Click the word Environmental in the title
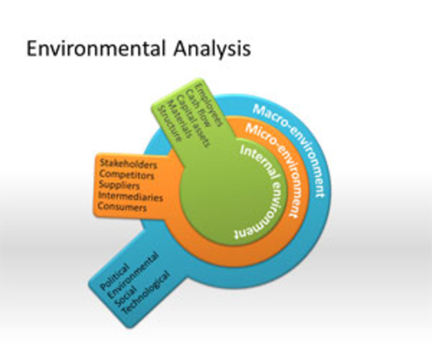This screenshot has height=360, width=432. pos(96,48)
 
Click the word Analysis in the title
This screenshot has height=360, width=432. pos(212,50)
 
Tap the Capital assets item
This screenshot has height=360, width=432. pos(193,121)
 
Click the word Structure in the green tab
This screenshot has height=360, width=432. pos(170,123)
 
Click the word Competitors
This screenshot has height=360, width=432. pos(126,174)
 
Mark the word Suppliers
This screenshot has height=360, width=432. pos(119,185)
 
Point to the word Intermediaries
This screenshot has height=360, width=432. pos(130,196)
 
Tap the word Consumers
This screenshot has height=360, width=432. pos(122,206)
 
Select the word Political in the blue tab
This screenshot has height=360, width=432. pos(114,277)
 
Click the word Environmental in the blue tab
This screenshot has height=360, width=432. pos(133,275)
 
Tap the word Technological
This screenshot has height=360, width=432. pos(146,292)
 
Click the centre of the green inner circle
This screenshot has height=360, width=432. pos(233,191)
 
